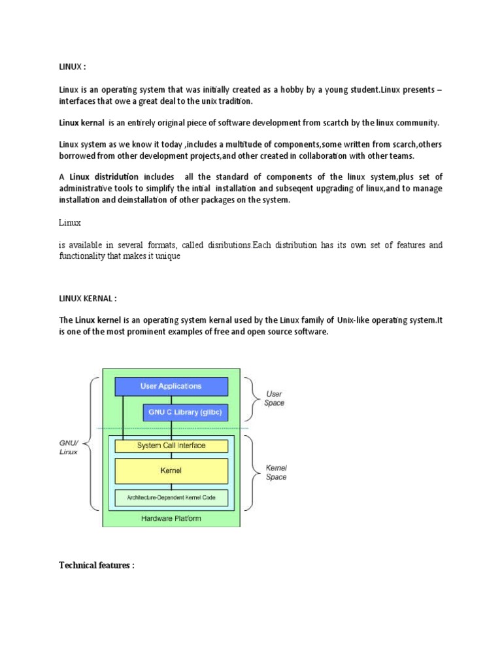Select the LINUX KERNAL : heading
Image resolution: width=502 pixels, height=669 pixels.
point(90,299)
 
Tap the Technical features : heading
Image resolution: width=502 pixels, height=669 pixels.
point(97,565)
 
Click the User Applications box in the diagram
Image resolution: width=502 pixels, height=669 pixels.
point(171,386)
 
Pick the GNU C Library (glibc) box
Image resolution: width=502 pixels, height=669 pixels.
point(186,413)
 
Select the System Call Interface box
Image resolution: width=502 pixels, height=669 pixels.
point(171,446)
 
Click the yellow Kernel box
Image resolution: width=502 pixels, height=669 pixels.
point(171,470)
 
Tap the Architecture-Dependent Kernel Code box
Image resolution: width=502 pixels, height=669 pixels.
point(171,498)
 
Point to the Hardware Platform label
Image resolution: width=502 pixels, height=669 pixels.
point(171,519)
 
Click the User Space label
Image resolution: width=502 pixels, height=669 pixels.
point(275,399)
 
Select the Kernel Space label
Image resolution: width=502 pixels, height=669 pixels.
point(276,472)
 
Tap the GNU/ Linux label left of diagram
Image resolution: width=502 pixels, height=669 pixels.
point(69,447)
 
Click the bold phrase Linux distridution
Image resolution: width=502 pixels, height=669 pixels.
point(104,176)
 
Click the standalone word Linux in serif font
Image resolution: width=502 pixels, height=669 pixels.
point(70,223)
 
